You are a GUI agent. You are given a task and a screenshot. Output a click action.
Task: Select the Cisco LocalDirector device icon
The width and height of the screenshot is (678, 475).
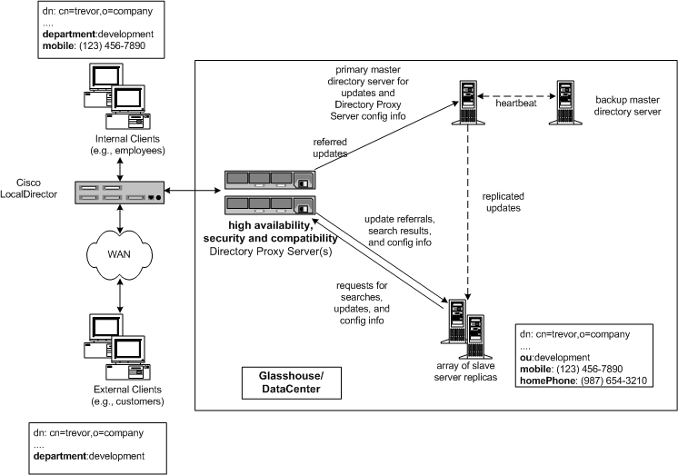pos(121,192)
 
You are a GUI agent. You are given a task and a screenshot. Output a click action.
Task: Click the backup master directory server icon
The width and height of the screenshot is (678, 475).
pos(566,100)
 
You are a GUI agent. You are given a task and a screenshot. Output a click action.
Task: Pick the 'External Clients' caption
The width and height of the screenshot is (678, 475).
pos(121,394)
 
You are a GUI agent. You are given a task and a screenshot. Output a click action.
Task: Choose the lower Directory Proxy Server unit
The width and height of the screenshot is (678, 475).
pos(269,204)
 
